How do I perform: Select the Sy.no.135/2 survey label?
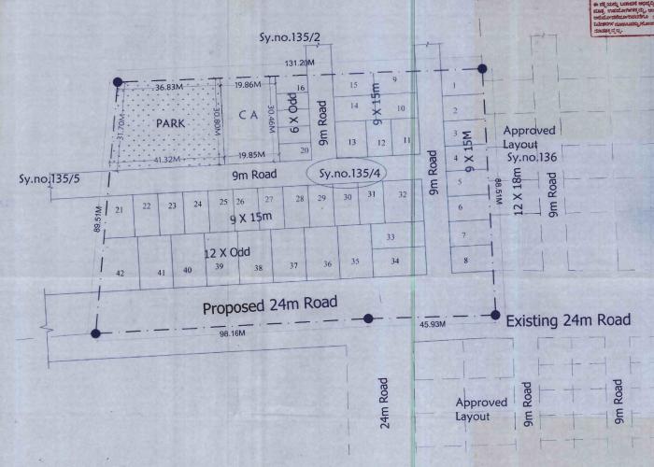pyautogui.click(x=288, y=37)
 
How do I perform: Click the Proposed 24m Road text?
pyautogui.click(x=270, y=305)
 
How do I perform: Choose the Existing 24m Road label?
pyautogui.click(x=567, y=320)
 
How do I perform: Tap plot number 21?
pyautogui.click(x=119, y=208)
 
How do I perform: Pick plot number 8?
pyautogui.click(x=465, y=261)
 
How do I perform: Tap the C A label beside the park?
pyautogui.click(x=248, y=115)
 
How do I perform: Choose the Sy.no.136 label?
pyautogui.click(x=532, y=159)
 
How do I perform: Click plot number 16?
pyautogui.click(x=301, y=88)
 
